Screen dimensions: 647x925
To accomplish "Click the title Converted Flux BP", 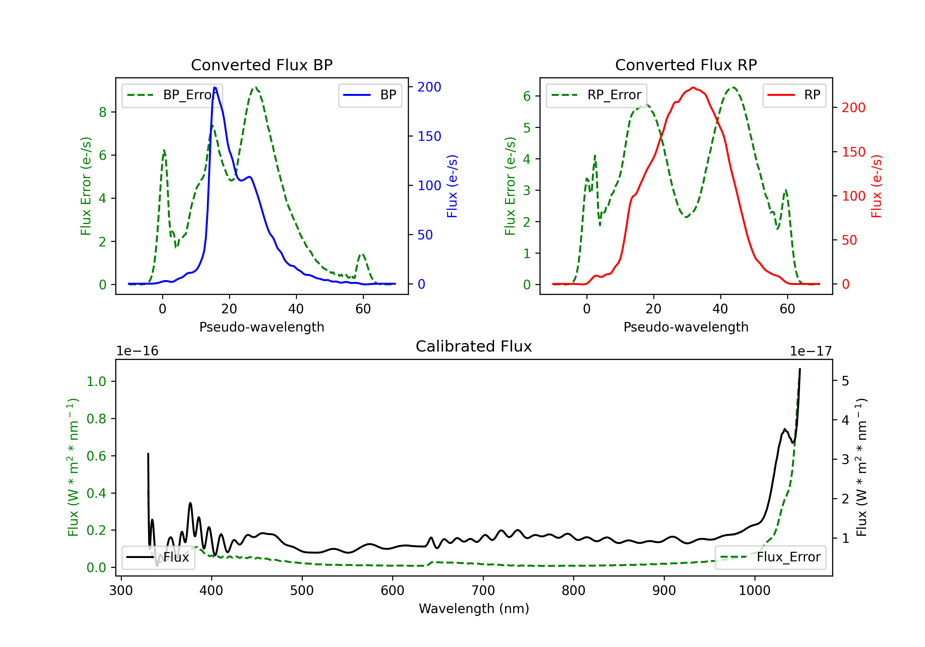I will (x=261, y=65).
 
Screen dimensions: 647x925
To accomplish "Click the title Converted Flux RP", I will (x=686, y=65).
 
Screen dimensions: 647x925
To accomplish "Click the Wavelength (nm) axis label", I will (x=474, y=608).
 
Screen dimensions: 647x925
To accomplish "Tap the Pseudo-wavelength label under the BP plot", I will (x=261, y=327).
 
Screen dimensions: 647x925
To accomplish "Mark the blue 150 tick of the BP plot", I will (x=429, y=136).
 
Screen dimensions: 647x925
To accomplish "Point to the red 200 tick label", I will (x=853, y=108).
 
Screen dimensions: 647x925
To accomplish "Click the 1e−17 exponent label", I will (x=811, y=351).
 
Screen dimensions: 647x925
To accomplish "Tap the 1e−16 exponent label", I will (x=138, y=351).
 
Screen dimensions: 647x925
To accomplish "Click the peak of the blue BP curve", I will (x=215, y=87).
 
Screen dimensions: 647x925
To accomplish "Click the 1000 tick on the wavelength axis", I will (x=754, y=590).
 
